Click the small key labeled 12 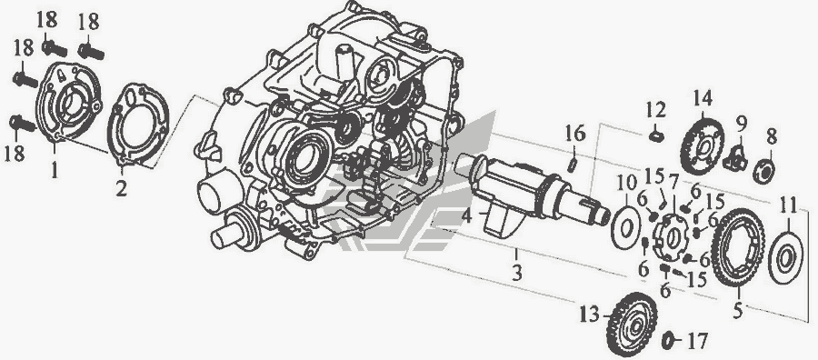point(653,136)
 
